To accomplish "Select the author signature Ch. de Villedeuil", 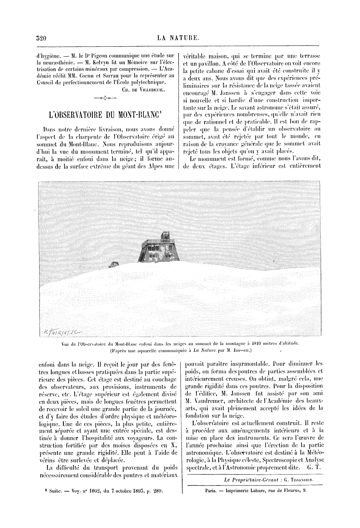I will pos(144,89).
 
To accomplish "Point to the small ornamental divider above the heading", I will pos(105,99).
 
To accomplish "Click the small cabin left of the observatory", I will pos(114,265).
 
